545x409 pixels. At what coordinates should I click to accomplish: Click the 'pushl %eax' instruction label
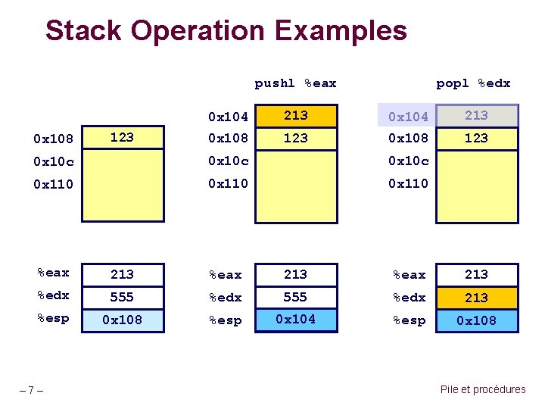295,83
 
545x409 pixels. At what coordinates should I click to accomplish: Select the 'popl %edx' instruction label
473,83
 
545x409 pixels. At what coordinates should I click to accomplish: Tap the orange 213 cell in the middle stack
295,115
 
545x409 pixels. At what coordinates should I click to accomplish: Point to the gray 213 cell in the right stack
477,115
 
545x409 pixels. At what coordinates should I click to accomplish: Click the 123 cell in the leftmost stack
122,137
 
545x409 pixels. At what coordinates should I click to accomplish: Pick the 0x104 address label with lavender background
408,116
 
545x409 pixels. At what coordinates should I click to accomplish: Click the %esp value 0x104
295,320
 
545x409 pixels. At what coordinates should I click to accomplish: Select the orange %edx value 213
477,298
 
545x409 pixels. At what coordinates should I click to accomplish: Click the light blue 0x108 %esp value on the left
122,320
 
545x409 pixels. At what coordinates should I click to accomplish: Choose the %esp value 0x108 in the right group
477,320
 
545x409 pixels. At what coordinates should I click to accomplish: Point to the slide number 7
31,390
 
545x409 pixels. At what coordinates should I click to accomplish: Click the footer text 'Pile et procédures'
482,389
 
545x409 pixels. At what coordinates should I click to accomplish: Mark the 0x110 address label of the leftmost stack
54,184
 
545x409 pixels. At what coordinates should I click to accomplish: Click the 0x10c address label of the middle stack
229,161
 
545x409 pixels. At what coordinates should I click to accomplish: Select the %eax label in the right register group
409,275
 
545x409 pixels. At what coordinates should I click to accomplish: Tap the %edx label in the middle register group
225,298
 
